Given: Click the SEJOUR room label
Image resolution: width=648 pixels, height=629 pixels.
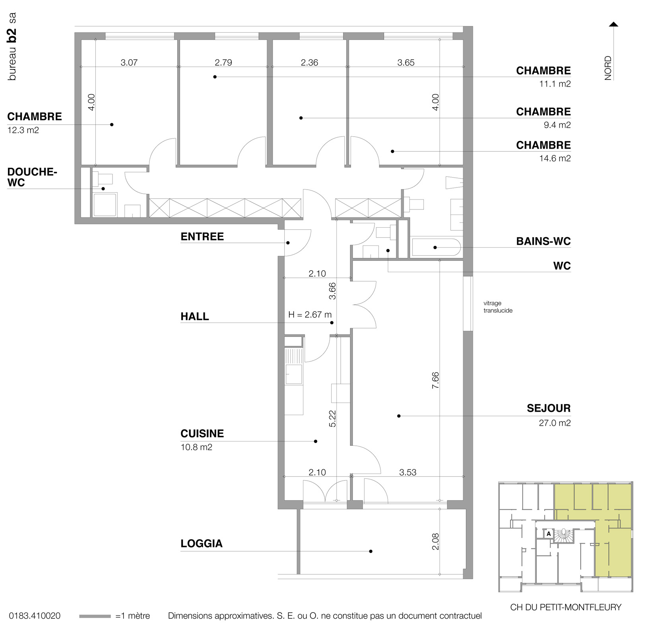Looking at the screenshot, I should click(x=548, y=408).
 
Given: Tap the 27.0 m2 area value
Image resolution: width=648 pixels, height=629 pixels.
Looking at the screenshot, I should click(x=554, y=423).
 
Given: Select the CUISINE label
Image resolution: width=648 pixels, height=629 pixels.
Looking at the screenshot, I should click(x=202, y=434).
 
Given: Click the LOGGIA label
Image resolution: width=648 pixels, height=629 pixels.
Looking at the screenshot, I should click(x=201, y=544).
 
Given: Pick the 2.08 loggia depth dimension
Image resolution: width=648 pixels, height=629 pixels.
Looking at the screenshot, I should click(x=435, y=541).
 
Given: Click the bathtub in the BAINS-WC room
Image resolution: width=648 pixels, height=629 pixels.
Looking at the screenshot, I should click(x=436, y=247).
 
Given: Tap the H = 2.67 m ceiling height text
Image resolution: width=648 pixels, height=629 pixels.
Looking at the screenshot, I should click(x=310, y=315).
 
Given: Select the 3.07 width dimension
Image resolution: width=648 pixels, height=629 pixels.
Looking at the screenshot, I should click(x=129, y=62).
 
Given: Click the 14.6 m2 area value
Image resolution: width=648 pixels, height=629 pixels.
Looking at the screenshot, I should click(x=555, y=158).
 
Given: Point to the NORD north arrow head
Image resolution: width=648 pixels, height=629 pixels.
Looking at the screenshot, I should click(x=614, y=25).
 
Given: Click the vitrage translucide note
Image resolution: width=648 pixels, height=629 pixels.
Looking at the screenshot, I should click(x=498, y=307).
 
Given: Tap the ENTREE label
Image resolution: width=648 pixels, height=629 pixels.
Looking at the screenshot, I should click(x=202, y=236).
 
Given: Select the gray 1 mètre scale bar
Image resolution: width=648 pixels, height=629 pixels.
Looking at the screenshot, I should click(x=95, y=616).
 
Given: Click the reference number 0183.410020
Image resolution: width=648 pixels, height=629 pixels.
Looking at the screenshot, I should click(x=35, y=616).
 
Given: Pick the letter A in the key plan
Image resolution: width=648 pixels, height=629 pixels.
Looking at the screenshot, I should click(x=549, y=534).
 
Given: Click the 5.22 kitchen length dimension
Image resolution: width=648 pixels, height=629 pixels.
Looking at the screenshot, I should click(x=332, y=418).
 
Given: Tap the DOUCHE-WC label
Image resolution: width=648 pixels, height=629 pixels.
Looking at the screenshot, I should click(x=32, y=177).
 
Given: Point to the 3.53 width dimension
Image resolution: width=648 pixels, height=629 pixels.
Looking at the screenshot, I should click(x=407, y=472).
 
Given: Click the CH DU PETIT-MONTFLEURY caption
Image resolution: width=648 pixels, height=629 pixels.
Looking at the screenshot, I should click(x=565, y=607).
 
